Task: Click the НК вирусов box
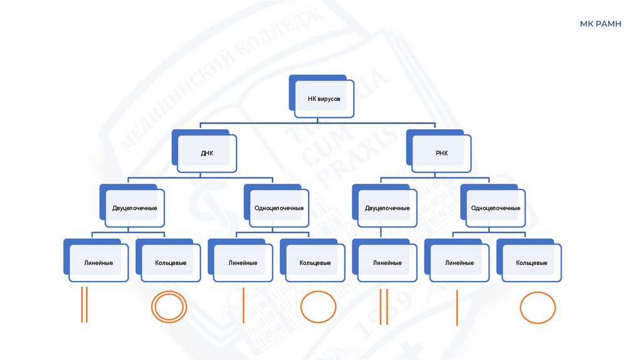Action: point(323,98)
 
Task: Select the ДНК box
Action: point(207,152)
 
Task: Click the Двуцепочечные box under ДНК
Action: point(135,208)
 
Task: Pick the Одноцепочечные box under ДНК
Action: point(279,208)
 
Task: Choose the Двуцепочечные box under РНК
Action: point(387,208)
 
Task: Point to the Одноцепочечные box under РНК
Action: point(495,208)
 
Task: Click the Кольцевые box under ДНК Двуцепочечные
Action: point(171,263)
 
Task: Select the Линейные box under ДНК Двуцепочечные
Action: point(98,263)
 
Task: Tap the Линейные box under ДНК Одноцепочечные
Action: point(243,263)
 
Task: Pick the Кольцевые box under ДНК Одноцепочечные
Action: point(315,263)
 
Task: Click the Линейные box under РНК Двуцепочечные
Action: point(387,263)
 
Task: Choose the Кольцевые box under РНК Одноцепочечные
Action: point(532,263)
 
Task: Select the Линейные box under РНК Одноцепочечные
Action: point(460,263)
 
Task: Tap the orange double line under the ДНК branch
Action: point(84,305)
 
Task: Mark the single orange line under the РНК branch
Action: point(457,308)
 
